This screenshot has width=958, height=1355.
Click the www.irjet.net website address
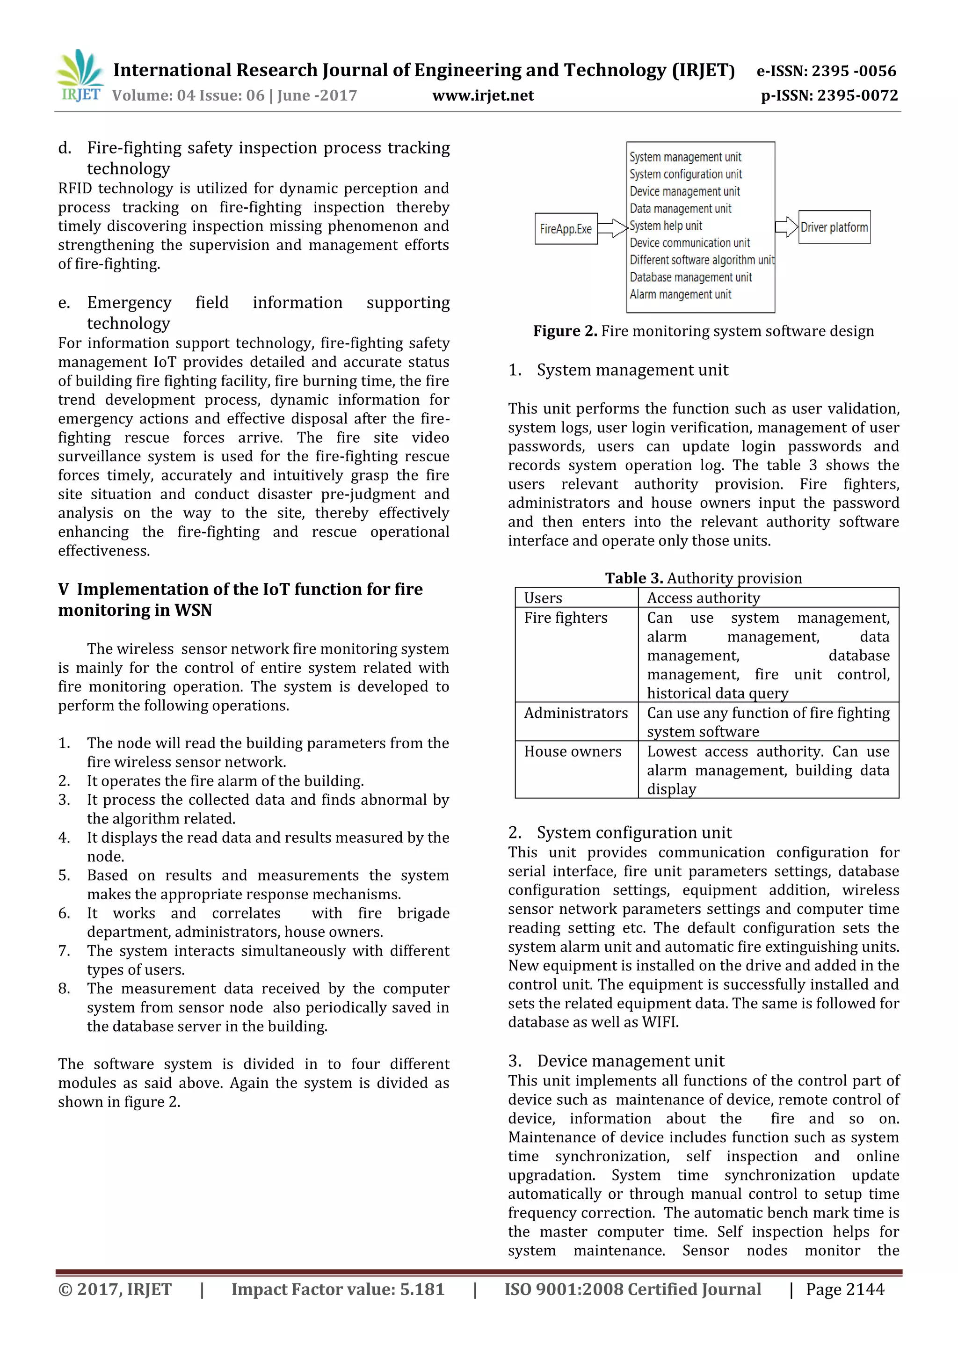[483, 95]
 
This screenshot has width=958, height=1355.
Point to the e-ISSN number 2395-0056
[826, 71]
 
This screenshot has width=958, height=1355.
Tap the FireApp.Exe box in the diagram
[566, 229]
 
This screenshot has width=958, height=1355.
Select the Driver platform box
[834, 227]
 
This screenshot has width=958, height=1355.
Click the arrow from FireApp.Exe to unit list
[612, 228]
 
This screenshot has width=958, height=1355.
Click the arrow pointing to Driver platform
[786, 227]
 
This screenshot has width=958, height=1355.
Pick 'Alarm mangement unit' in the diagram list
[680, 294]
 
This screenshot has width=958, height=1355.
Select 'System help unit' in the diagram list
[666, 226]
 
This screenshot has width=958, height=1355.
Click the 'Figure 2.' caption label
[565, 331]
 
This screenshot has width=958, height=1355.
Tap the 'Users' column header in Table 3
[543, 598]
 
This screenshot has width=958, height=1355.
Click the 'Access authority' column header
[703, 598]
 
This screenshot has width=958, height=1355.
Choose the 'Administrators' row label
[576, 713]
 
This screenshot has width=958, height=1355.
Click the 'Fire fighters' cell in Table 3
[565, 618]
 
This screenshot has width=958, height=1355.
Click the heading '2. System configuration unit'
[619, 833]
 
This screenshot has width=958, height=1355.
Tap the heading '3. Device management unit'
[616, 1061]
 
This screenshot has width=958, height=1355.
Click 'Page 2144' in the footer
[845, 1289]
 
